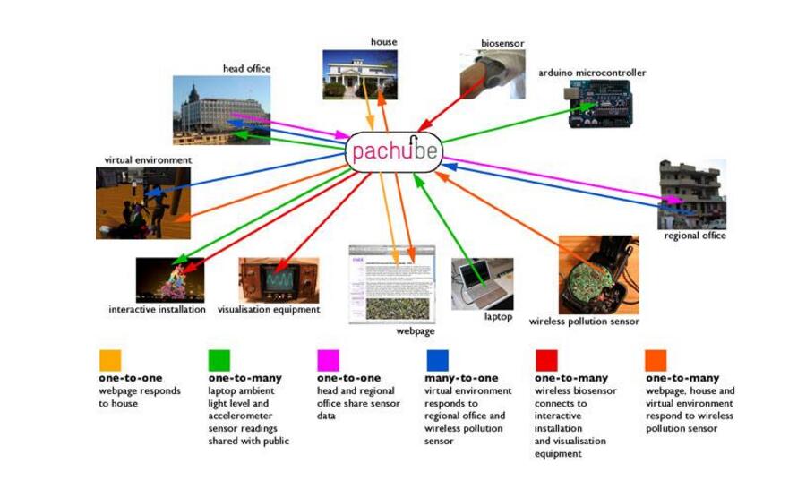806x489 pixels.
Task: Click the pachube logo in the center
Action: pyautogui.click(x=394, y=150)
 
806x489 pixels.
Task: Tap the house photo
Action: pyautogui.click(x=359, y=74)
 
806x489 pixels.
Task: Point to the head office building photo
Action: pyautogui.click(x=221, y=109)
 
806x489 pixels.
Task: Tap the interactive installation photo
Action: pyautogui.click(x=169, y=280)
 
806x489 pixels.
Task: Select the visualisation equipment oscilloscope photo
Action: pyautogui.click(x=278, y=280)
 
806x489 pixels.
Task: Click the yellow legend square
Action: pyautogui.click(x=110, y=360)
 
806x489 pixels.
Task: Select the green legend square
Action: pyautogui.click(x=219, y=360)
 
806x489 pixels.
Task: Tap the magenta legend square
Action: pyautogui.click(x=329, y=360)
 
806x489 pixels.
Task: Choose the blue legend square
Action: pyautogui.click(x=438, y=360)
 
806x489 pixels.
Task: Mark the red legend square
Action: pyautogui.click(x=546, y=360)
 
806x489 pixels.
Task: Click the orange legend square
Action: pyautogui.click(x=656, y=360)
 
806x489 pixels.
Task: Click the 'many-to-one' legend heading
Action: pyautogui.click(x=461, y=379)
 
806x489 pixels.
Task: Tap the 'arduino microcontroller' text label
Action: pyautogui.click(x=592, y=73)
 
